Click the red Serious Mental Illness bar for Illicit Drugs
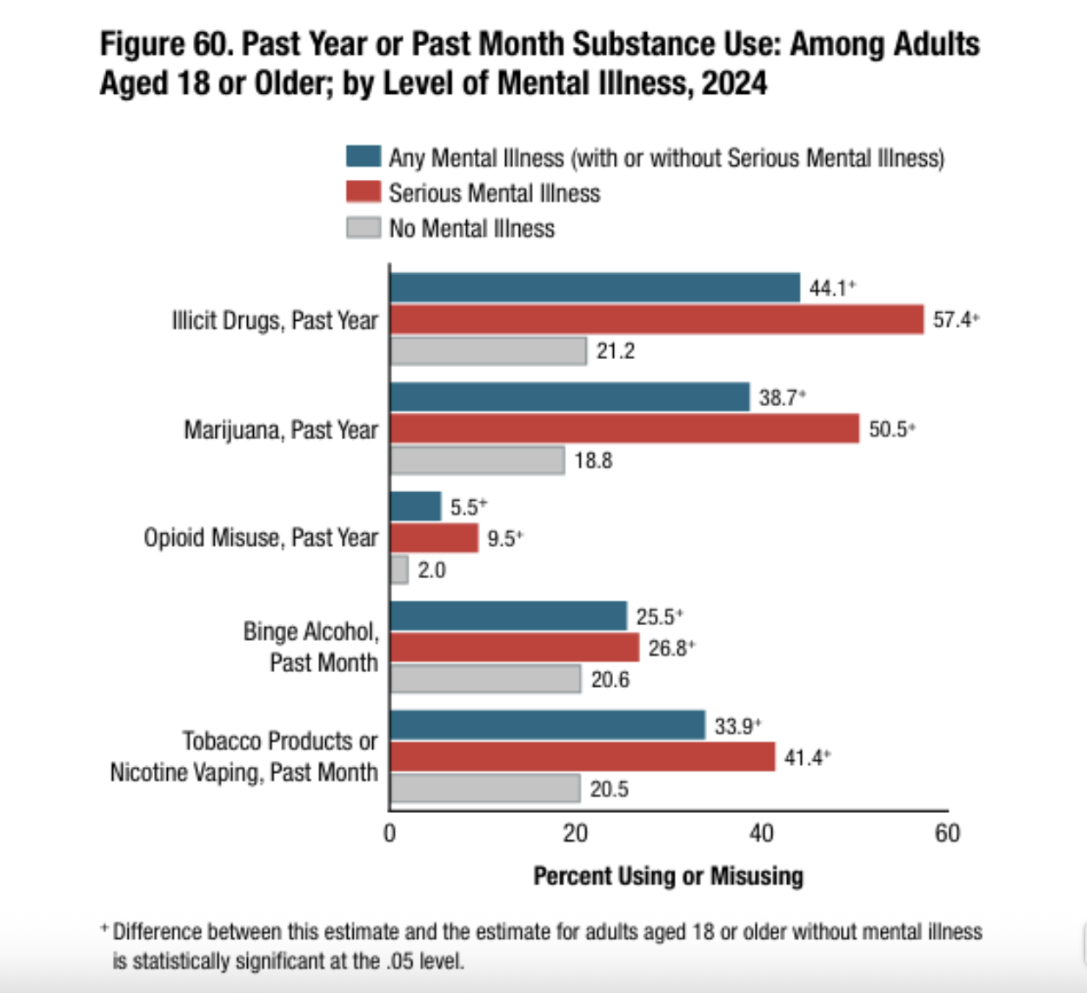click(657, 319)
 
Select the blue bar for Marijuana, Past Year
click(570, 397)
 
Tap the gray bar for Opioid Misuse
click(400, 570)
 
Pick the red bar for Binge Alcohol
click(515, 648)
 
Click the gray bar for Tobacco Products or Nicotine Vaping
click(485, 789)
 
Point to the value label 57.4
click(952, 320)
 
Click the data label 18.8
click(593, 461)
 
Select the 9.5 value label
click(502, 539)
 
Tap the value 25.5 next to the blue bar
click(655, 617)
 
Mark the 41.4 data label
click(804, 758)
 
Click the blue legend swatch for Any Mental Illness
click(363, 157)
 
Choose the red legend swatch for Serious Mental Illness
click(363, 192)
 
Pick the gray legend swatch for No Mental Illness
click(363, 228)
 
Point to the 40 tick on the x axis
click(761, 834)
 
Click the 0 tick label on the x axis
click(390, 834)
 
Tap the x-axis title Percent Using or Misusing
click(668, 876)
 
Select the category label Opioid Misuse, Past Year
click(261, 538)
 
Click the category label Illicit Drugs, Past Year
click(275, 321)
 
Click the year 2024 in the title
click(734, 83)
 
